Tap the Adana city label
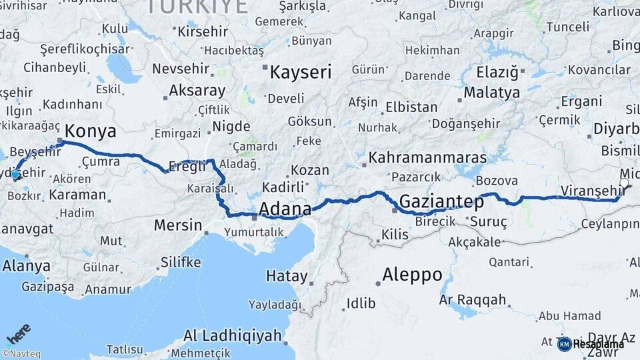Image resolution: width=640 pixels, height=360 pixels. tap(285, 209)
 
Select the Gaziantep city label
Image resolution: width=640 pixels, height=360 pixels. tap(441, 201)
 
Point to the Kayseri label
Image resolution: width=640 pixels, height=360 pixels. tap(300, 72)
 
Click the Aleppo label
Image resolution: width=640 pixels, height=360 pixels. tap(412, 274)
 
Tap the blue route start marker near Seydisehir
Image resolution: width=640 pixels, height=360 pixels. tap(15, 175)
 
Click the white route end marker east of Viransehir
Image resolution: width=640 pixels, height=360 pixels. tap(624, 182)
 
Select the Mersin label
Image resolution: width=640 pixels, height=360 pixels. tap(177, 225)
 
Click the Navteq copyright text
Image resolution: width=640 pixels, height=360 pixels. tap(21, 354)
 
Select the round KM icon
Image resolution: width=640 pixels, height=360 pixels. tap(564, 344)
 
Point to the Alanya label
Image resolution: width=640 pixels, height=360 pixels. tap(26, 265)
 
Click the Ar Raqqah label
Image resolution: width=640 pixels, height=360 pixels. tap(473, 299)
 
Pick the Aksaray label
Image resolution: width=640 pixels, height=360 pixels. tap(197, 90)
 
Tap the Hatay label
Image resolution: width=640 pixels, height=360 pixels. tap(287, 275)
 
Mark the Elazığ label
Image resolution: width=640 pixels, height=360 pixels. tap(497, 71)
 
